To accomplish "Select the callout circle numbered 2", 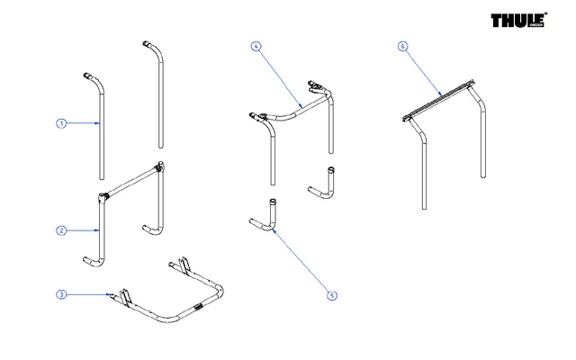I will [61, 230].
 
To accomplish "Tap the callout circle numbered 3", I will [61, 294].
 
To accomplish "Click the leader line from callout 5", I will [301, 262].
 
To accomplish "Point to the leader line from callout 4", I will [280, 76].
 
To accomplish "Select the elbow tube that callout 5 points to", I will [269, 221].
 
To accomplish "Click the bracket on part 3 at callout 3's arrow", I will [122, 296].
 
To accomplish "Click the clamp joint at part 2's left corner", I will [103, 196].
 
